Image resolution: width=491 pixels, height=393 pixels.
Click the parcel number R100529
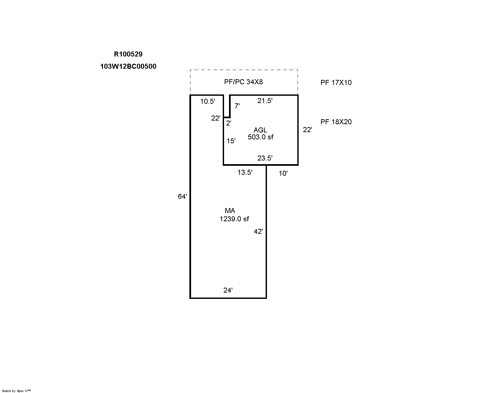tap(128, 54)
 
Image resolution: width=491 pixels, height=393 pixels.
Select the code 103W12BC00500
tap(128, 66)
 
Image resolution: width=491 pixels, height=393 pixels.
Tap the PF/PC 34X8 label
tap(244, 82)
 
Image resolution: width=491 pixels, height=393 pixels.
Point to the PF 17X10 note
tap(336, 83)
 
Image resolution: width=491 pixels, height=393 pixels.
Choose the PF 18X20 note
tap(336, 122)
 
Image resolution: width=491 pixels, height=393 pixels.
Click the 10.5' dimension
tap(208, 101)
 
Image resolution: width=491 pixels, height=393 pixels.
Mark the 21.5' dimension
tap(265, 101)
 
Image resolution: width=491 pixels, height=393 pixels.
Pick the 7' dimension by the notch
tap(237, 106)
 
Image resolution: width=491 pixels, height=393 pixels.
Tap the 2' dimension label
tap(229, 123)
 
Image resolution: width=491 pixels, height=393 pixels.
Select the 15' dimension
tap(231, 141)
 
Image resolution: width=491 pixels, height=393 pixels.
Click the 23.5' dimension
tap(265, 158)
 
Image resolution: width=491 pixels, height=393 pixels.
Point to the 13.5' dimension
tap(245, 172)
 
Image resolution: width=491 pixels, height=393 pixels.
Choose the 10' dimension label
tap(283, 174)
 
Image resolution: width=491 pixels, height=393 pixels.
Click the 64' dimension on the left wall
tap(182, 196)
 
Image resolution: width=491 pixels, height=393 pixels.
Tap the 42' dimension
tap(258, 232)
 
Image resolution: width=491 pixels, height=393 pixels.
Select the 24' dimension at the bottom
tap(228, 290)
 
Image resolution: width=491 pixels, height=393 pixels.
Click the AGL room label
tap(260, 130)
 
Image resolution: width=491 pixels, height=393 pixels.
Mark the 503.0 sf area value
tap(261, 137)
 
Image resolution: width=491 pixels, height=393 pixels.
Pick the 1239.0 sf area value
tap(234, 219)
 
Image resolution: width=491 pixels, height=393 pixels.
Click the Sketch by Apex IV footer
tap(16, 391)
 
